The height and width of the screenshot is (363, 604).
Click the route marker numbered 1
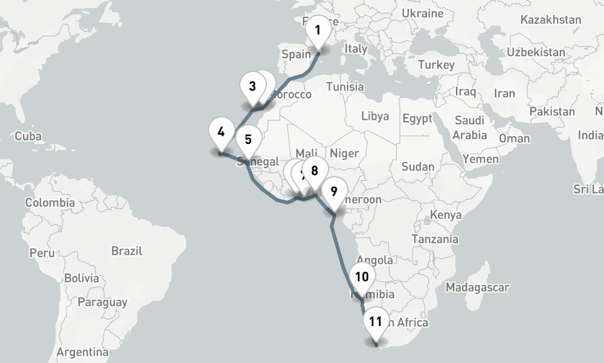(x=318, y=30)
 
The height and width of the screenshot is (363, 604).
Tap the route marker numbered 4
(x=221, y=132)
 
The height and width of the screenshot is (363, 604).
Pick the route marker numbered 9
(x=333, y=191)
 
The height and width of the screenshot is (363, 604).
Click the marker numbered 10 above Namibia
(x=362, y=277)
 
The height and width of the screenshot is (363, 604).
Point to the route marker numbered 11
(x=376, y=322)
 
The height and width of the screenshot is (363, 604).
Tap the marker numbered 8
(x=314, y=170)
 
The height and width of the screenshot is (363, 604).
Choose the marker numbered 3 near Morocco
(x=252, y=86)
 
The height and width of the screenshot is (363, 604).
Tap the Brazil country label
(x=127, y=250)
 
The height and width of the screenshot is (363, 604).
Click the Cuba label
(x=28, y=136)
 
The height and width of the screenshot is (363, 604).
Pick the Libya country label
(x=375, y=116)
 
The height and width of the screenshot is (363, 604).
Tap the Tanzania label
(x=435, y=239)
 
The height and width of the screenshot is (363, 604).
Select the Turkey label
(x=436, y=65)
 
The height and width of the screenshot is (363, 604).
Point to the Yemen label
(x=481, y=159)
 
